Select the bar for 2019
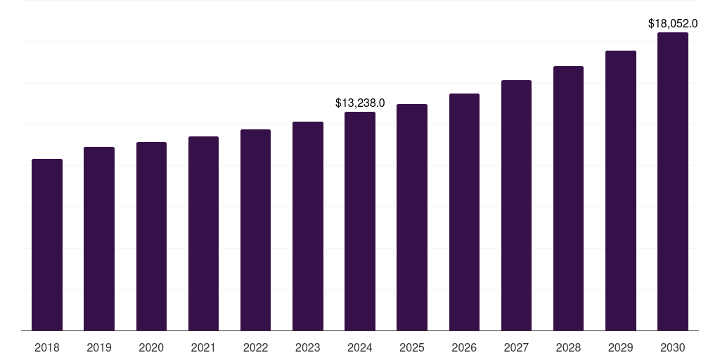click(99, 239)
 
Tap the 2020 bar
click(151, 236)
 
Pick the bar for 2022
click(255, 230)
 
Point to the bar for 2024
click(360, 221)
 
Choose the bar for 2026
click(464, 212)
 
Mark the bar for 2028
click(568, 198)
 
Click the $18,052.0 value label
click(673, 24)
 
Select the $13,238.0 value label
click(360, 103)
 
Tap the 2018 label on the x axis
click(47, 347)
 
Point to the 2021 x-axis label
click(203, 347)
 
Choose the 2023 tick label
click(308, 347)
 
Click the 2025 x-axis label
click(412, 347)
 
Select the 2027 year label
click(516, 347)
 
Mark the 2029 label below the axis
click(621, 347)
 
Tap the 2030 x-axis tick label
click(673, 347)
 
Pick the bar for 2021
click(203, 233)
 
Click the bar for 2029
click(621, 191)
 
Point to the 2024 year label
click(360, 347)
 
